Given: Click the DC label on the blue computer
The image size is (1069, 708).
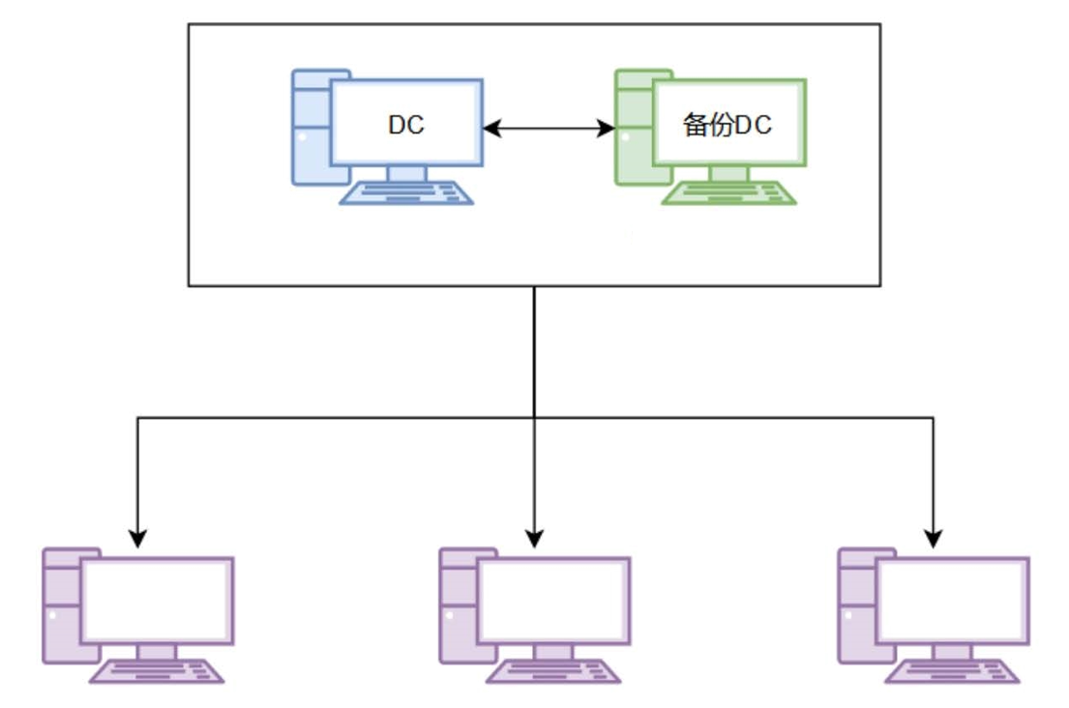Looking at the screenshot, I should click(x=406, y=125).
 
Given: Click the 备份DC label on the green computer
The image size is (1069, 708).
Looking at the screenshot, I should click(x=728, y=126).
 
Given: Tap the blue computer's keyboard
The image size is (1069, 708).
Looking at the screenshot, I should click(x=406, y=193).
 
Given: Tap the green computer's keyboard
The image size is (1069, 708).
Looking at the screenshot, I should click(x=728, y=193).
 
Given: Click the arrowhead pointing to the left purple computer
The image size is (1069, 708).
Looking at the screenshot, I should click(x=138, y=538).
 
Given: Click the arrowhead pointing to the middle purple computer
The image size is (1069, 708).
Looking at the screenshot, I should click(x=534, y=538).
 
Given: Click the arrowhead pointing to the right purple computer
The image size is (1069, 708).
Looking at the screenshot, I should click(x=934, y=538).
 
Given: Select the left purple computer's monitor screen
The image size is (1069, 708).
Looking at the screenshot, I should click(x=157, y=600).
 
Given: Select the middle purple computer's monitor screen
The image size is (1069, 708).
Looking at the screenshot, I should click(x=553, y=600).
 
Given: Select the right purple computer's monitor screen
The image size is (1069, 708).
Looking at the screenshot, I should click(x=952, y=600).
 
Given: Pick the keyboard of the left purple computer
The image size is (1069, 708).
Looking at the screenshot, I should click(x=157, y=671).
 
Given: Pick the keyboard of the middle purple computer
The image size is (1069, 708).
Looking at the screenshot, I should click(x=553, y=671).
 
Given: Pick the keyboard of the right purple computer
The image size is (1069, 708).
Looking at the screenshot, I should click(x=952, y=671).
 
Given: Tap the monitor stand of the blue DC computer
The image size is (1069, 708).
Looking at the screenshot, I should click(x=406, y=174).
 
